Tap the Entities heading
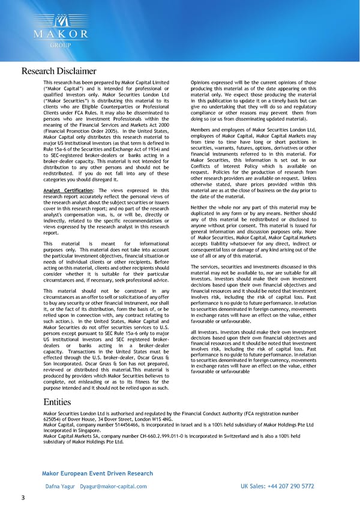(58, 402)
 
